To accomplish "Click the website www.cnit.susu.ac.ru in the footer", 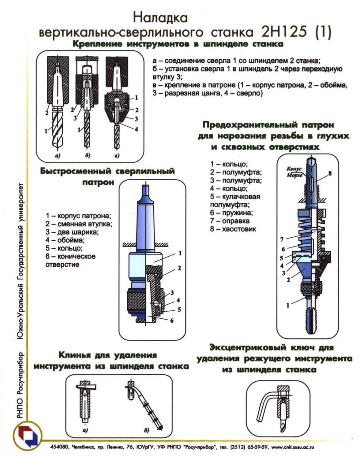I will point(293,447).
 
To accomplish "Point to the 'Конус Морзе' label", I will point(295,172).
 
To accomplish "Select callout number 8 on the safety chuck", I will point(330,173).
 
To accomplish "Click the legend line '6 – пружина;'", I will point(231,213).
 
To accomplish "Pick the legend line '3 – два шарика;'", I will point(72,232).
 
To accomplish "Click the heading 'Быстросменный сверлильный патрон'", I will point(107,176).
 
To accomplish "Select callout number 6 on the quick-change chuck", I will point(172,321).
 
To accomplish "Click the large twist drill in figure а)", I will point(58,128).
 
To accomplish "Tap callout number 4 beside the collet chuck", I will point(136,129).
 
